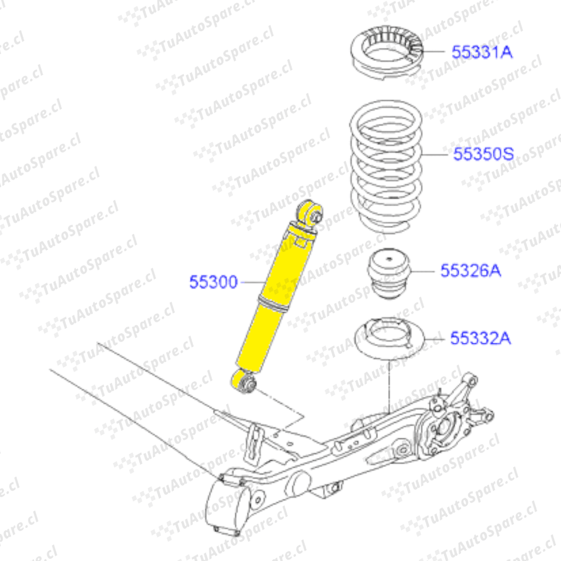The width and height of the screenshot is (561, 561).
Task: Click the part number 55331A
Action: (482, 52)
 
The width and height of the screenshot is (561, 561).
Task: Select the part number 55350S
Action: (484, 154)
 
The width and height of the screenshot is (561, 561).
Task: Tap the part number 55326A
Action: (471, 271)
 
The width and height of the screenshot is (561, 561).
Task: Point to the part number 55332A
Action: (480, 339)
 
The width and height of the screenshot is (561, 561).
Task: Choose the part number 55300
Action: (213, 282)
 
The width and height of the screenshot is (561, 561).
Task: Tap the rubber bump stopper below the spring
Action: (389, 274)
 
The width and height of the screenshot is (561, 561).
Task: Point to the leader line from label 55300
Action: (252, 282)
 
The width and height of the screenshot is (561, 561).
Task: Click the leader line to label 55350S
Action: (435, 155)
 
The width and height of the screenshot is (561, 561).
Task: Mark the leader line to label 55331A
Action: (433, 51)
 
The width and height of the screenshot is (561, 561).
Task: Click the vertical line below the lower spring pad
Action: (389, 388)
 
